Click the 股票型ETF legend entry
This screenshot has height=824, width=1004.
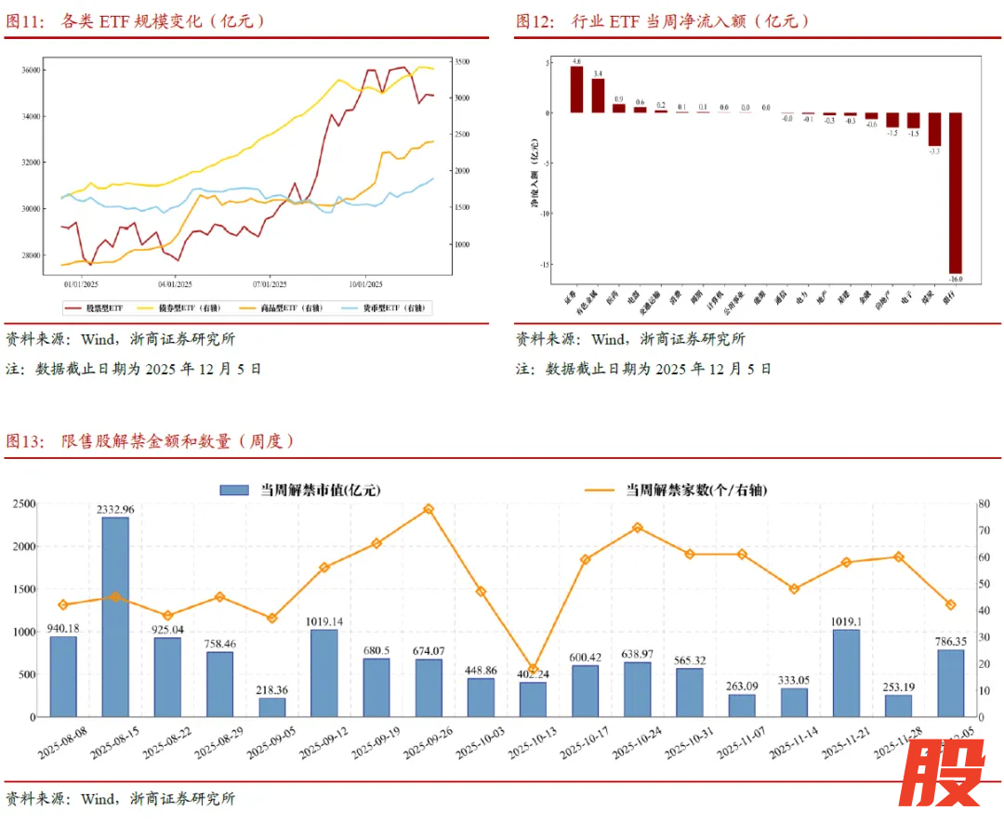point(99,307)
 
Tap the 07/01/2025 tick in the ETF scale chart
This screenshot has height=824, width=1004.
point(270,284)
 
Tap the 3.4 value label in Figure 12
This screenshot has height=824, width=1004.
point(598,73)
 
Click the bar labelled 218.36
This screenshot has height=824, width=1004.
point(271,707)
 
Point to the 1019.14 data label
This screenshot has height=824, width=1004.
point(324,621)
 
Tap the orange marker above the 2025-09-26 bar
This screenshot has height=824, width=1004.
point(429,509)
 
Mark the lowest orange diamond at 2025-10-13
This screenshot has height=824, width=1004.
point(533,669)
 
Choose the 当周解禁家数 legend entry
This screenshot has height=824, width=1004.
point(679,490)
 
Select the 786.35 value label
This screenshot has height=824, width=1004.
point(949,641)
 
